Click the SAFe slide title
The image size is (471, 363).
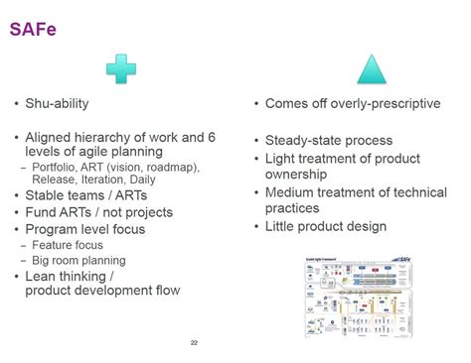[33, 29]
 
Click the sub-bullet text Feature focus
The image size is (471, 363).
[68, 245]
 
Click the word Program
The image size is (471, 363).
[54, 229]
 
